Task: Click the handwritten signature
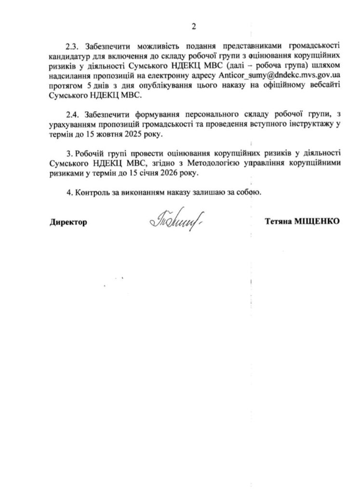[x=174, y=221]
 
